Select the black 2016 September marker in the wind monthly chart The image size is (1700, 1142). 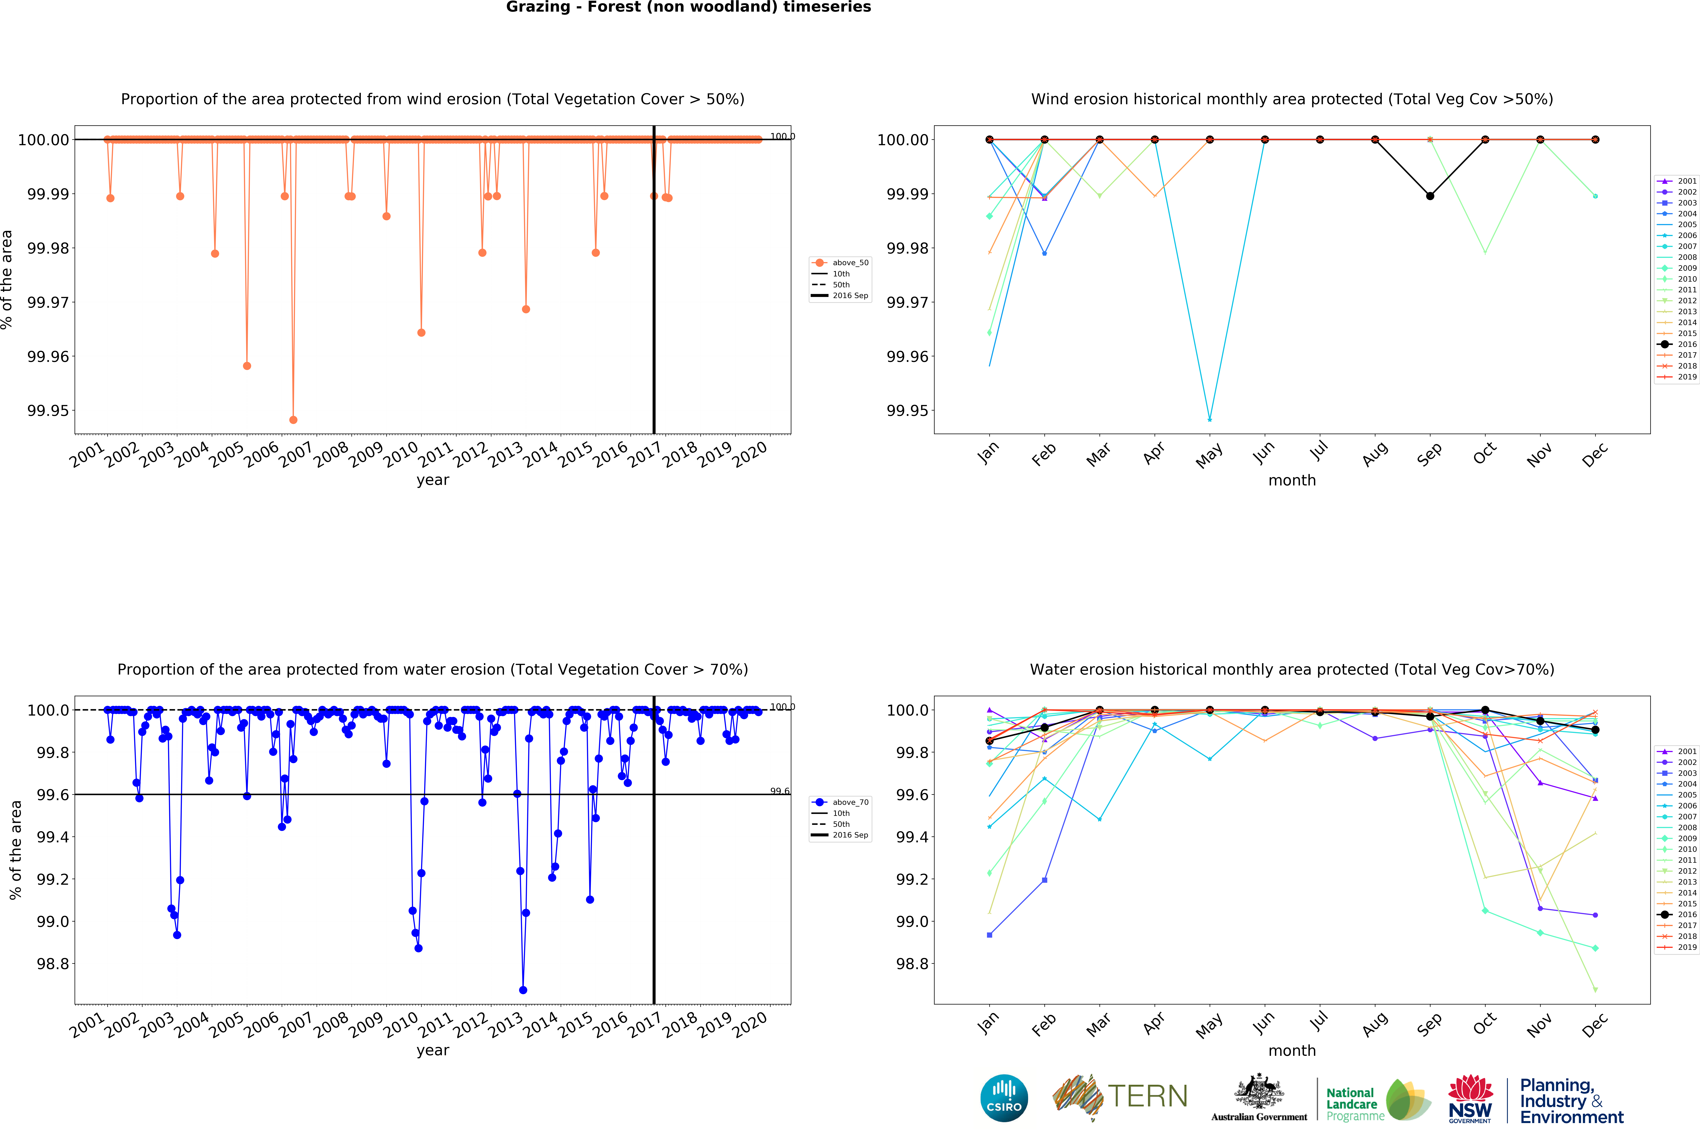click(x=1430, y=196)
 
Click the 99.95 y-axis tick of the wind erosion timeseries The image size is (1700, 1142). click(x=48, y=411)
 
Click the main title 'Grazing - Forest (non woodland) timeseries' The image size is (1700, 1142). click(x=688, y=7)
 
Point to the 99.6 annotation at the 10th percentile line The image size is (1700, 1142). click(x=779, y=791)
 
